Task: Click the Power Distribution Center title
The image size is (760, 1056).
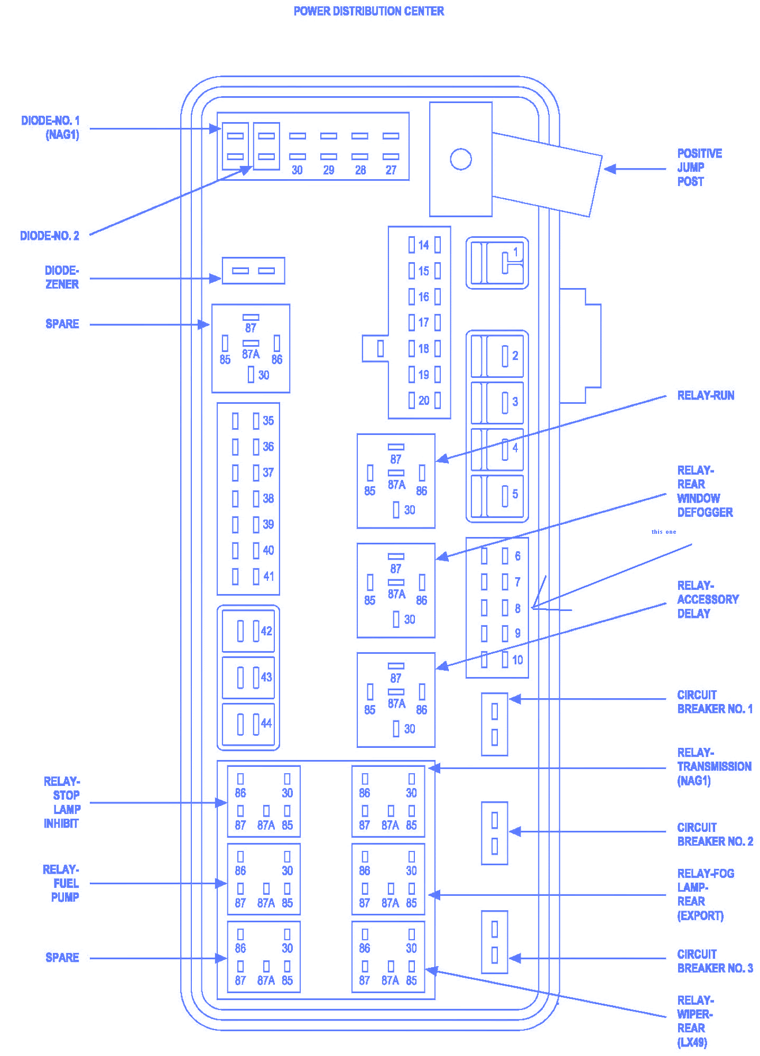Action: pyautogui.click(x=368, y=11)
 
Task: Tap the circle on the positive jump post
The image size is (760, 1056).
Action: pyautogui.click(x=460, y=159)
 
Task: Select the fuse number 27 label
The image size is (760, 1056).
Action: pyautogui.click(x=391, y=170)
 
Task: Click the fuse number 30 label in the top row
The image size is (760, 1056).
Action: pyautogui.click(x=297, y=170)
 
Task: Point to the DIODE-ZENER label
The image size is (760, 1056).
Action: pyautogui.click(x=62, y=277)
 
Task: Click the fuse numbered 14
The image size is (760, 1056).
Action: pyautogui.click(x=424, y=245)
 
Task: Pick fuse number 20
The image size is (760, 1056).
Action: pyautogui.click(x=424, y=400)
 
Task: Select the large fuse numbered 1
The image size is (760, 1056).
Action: pyautogui.click(x=497, y=263)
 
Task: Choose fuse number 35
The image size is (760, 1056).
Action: pyautogui.click(x=253, y=421)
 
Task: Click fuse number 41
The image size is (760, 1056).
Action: pyautogui.click(x=253, y=576)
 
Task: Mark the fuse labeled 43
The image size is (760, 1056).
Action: pyautogui.click(x=248, y=677)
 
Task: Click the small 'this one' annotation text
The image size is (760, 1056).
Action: pyautogui.click(x=664, y=532)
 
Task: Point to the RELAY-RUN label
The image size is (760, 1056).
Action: pyautogui.click(x=706, y=395)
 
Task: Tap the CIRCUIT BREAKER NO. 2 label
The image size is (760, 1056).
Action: pyautogui.click(x=715, y=834)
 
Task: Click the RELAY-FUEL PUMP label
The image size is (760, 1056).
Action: pyautogui.click(x=61, y=883)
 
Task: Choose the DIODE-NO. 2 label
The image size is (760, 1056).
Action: pyautogui.click(x=50, y=236)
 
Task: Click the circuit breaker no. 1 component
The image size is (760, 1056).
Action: pyautogui.click(x=495, y=724)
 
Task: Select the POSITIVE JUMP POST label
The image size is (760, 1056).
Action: pyautogui.click(x=699, y=167)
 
